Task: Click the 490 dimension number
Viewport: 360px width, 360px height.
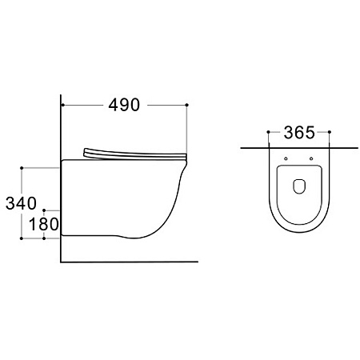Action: [124, 105]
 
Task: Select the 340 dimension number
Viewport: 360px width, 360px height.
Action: [21, 203]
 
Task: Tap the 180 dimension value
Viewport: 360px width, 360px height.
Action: [43, 224]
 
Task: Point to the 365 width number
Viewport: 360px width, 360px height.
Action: [299, 133]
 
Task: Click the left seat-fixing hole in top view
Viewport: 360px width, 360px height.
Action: [286, 158]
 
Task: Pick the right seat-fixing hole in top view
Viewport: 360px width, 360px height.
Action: [311, 158]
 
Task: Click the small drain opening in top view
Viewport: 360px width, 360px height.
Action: [299, 186]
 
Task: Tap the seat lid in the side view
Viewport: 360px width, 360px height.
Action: [135, 154]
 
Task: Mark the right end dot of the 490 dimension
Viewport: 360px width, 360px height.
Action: [186, 105]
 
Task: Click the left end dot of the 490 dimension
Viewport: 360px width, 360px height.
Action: [63, 105]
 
